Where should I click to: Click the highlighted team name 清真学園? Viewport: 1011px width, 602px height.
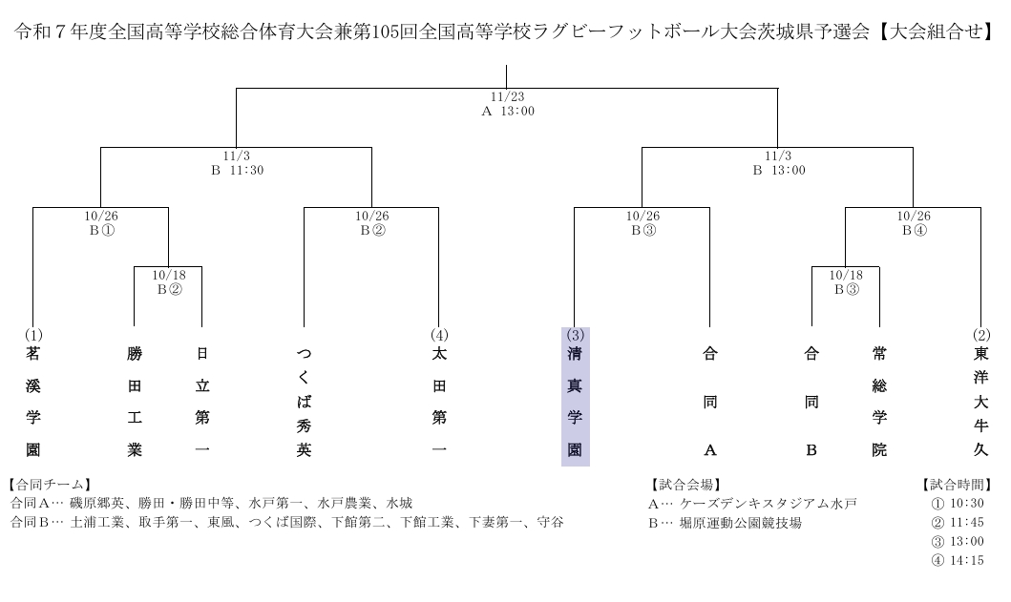[575, 402]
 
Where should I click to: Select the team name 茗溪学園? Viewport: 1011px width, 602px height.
[32, 402]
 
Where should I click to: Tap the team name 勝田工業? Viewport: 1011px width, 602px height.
[134, 402]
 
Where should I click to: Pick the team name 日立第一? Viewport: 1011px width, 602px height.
[201, 402]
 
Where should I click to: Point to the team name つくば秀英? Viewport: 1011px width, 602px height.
[304, 402]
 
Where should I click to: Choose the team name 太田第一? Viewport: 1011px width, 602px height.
[439, 402]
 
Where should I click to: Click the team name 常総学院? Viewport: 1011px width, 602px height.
[878, 402]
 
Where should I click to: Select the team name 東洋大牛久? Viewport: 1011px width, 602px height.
[980, 402]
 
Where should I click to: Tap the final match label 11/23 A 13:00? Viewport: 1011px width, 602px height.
[507, 104]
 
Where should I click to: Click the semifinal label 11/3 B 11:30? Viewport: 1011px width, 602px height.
[236, 163]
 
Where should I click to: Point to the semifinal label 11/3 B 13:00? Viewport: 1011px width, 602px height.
[778, 163]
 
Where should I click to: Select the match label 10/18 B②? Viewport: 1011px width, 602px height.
[168, 282]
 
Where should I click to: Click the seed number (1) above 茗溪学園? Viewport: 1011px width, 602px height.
[32, 335]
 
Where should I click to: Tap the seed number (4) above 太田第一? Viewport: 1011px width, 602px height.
[439, 335]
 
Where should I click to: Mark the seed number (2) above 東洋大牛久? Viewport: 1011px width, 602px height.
[980, 335]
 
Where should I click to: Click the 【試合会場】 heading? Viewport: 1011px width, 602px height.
[685, 485]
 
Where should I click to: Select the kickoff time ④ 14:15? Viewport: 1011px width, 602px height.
[957, 560]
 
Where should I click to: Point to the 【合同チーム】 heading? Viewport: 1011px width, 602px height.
[49, 485]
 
